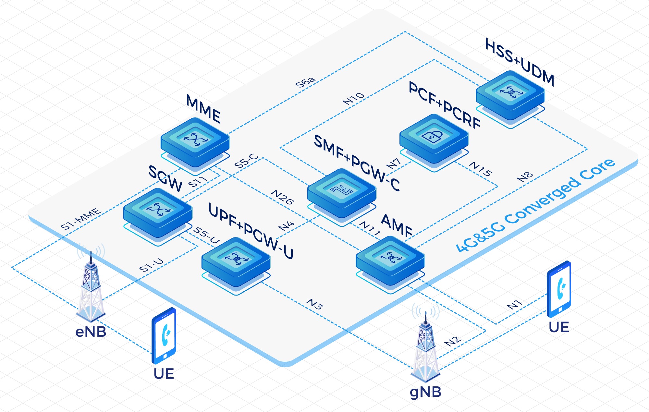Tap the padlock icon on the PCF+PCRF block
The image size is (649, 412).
tap(433, 136)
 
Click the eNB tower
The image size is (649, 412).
tap(91, 285)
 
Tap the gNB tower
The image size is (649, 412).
tap(426, 347)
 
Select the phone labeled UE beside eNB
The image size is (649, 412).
tap(164, 336)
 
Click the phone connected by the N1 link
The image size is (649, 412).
tap(559, 289)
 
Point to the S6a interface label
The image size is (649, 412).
tap(305, 82)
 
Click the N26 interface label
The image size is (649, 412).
tap(282, 197)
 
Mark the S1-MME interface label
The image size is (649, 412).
tap(81, 219)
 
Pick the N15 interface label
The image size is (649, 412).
tap(481, 169)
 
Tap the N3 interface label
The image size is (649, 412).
tap(315, 304)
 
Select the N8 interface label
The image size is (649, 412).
tap(525, 177)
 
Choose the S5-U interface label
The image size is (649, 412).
tap(206, 235)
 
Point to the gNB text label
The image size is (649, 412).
tap(425, 392)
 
